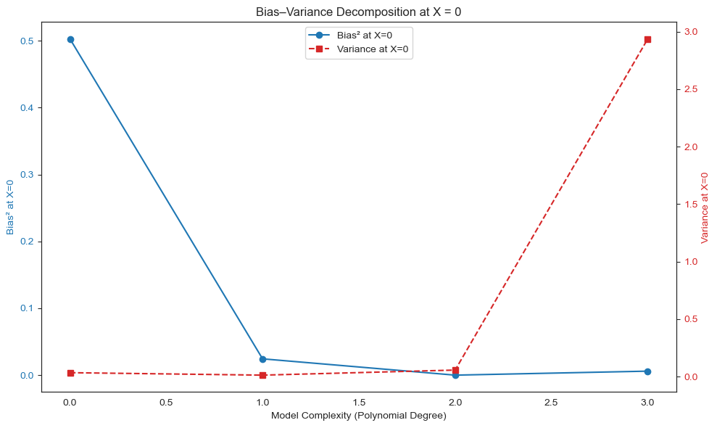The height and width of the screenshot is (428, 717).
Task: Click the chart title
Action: pos(358,12)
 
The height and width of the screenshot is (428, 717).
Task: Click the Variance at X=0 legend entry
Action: pos(373,49)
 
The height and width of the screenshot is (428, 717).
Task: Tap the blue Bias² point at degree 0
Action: pos(70,40)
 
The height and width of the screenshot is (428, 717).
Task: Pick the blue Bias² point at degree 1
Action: pos(262,359)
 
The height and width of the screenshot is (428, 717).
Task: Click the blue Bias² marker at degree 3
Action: pos(647,371)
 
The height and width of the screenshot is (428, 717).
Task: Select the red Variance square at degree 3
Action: pos(647,40)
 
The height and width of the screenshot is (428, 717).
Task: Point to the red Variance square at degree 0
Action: pos(70,373)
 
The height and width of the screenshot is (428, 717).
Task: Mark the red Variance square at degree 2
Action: pos(455,370)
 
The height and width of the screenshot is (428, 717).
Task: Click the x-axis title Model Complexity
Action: pos(358,416)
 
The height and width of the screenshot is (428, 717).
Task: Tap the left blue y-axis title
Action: pos(11,207)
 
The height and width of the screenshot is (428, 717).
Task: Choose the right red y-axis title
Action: pos(704,207)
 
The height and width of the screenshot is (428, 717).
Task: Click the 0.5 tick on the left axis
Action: pos(26,41)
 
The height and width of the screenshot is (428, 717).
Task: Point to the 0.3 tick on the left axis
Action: pos(26,175)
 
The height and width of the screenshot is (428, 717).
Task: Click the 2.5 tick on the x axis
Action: pos(551,401)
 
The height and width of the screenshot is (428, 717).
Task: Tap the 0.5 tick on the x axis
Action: pos(167,401)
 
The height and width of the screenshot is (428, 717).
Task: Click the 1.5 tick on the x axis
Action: pos(359,401)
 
